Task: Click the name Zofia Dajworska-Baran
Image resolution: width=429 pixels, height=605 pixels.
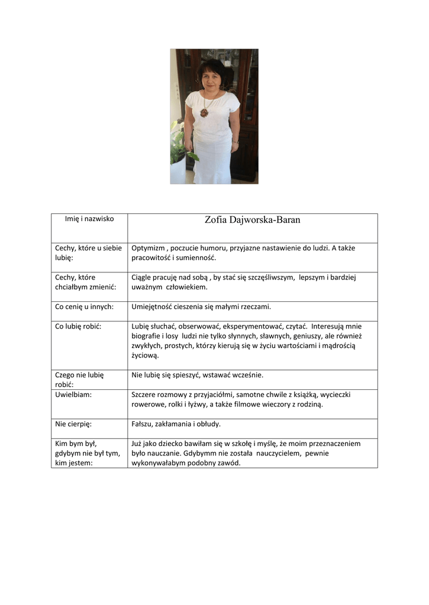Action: pos(253,220)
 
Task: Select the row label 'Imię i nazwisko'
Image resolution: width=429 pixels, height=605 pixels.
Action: pos(89,219)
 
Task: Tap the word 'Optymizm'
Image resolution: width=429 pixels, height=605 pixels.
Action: pos(148,248)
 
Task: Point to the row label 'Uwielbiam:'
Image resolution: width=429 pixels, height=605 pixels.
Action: pos(73,394)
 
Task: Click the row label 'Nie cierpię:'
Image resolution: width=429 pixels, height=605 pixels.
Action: pos(73,424)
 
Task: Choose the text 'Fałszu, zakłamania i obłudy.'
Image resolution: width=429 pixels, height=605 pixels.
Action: pos(176,424)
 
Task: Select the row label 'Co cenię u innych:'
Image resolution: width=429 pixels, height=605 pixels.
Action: pos(84,307)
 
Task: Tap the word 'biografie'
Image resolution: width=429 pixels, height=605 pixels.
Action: pos(146,336)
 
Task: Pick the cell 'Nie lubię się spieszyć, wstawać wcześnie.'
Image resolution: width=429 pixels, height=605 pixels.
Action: pos(197,375)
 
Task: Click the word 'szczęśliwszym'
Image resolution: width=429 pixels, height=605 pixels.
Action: pos(266,277)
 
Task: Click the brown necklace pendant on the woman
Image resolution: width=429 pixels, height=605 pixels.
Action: pos(204,112)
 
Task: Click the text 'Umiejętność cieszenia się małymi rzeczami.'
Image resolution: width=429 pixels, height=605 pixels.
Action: pos(201,307)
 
